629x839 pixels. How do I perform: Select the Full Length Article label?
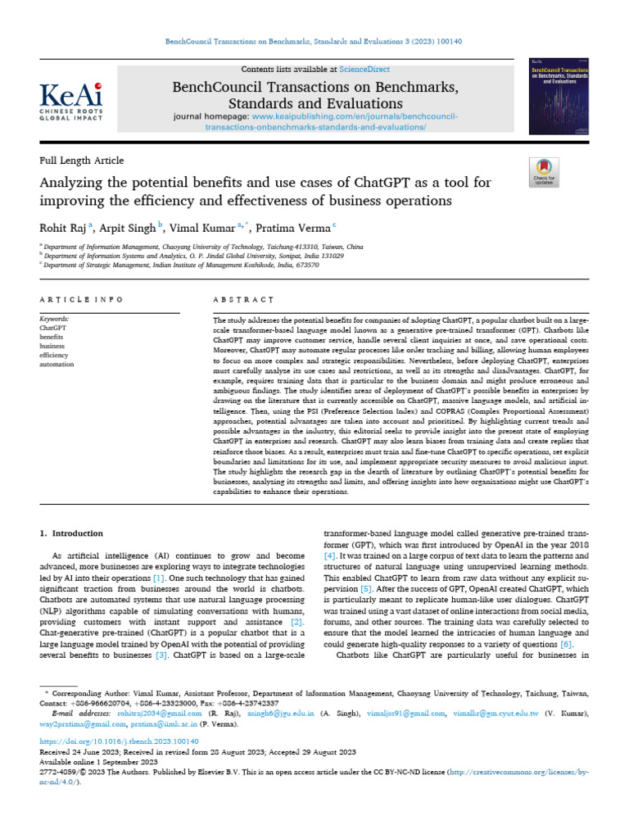pos(82,161)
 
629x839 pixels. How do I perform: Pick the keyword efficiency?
pos(55,355)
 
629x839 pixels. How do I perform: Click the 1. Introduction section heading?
pos(72,533)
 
